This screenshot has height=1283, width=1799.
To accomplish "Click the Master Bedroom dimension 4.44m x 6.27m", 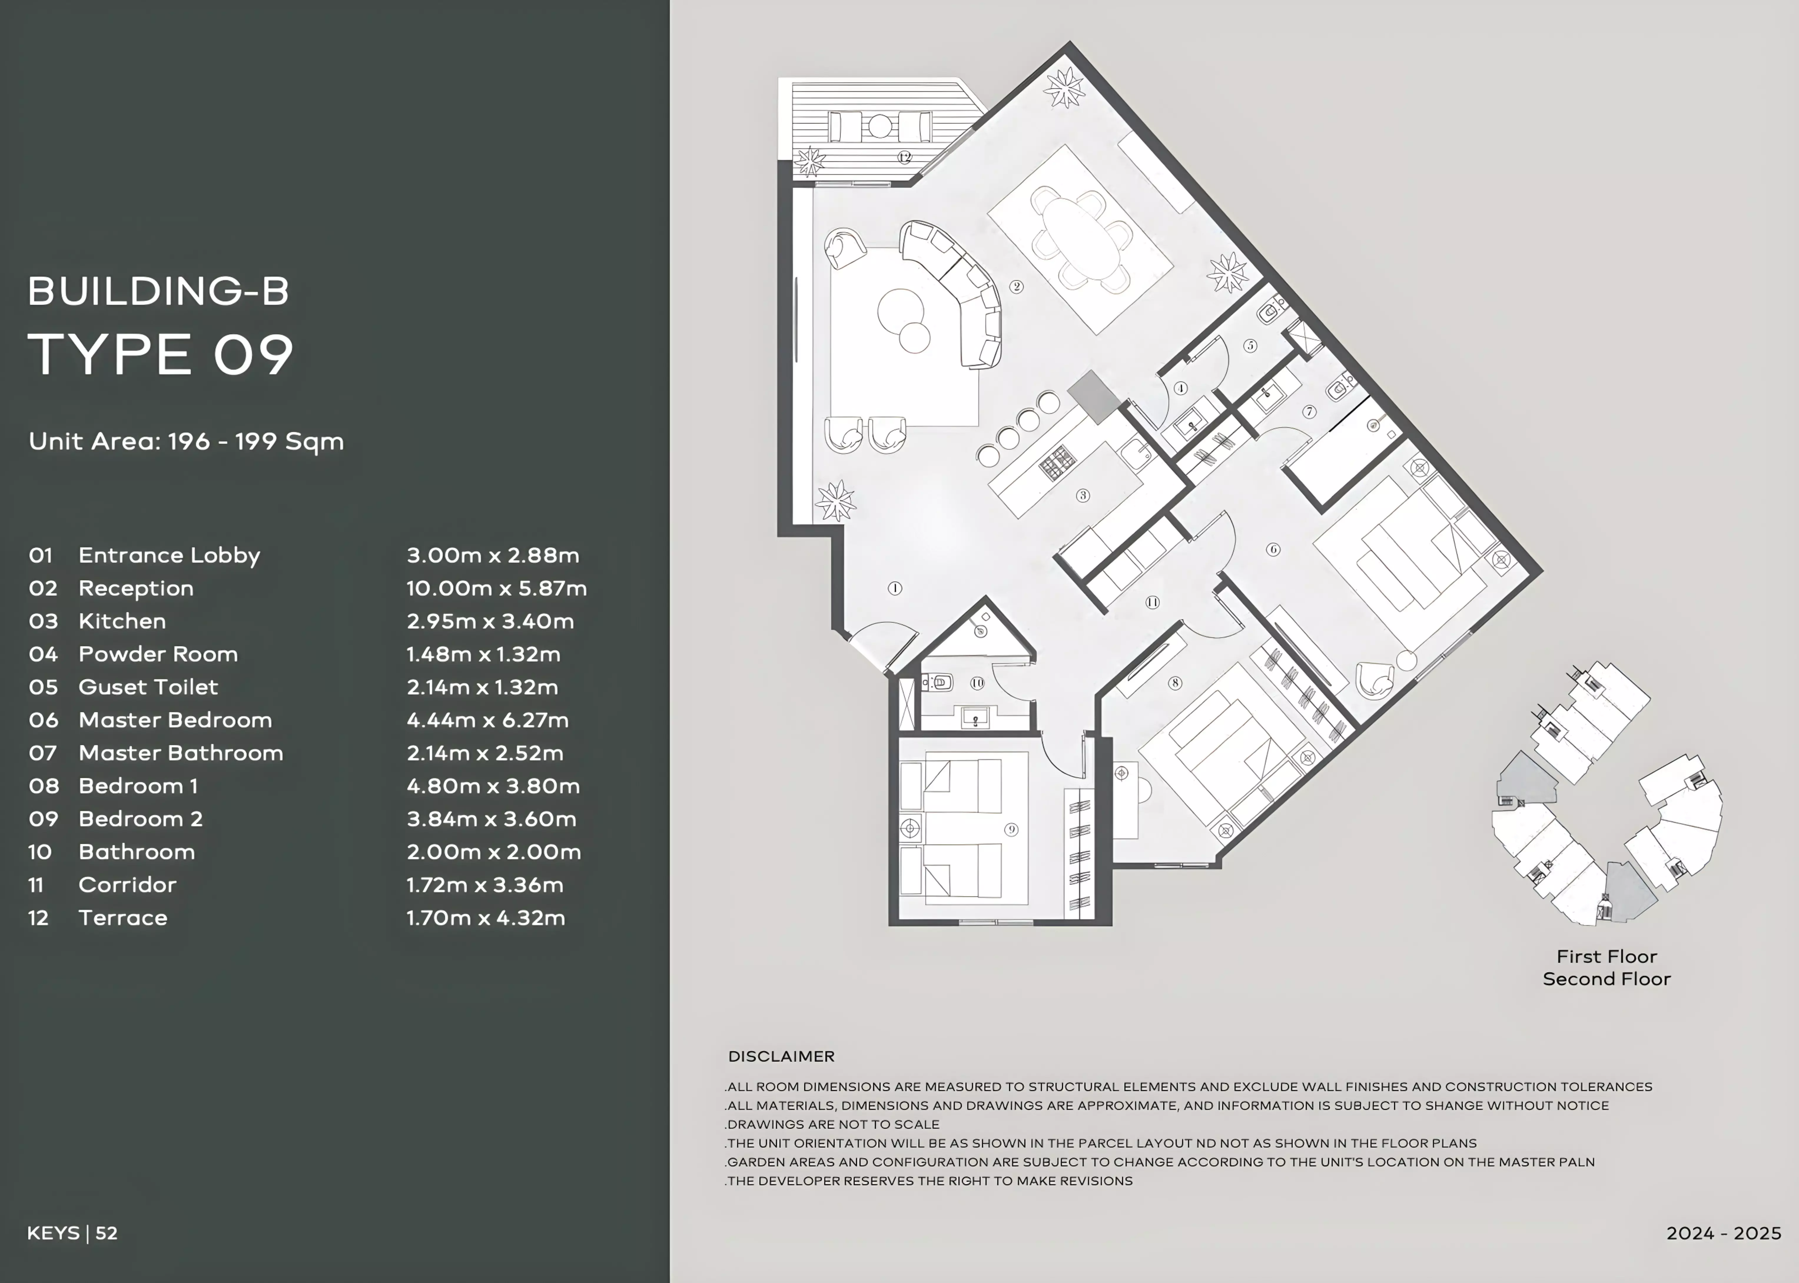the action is (487, 720).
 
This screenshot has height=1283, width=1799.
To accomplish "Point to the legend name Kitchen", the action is (122, 621).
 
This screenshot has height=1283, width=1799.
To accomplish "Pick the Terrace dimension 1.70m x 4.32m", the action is (486, 917).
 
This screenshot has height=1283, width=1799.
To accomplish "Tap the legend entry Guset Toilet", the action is (149, 687).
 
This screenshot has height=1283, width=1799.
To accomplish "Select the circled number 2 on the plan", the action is (1017, 287).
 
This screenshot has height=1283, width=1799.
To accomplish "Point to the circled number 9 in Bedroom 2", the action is (1011, 830).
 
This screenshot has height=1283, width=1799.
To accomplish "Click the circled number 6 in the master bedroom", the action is (1273, 549).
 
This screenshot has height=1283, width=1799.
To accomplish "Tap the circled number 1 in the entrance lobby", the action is (895, 588).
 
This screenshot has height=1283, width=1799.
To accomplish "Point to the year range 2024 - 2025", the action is (1724, 1233).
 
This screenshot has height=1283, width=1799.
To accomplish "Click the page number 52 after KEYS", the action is (107, 1233).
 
